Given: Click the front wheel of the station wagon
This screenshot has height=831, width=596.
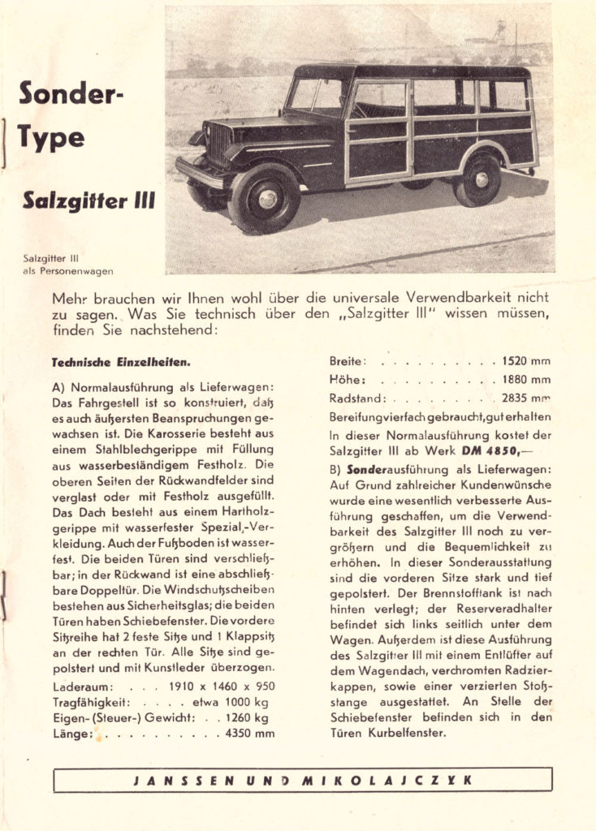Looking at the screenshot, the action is [265, 198].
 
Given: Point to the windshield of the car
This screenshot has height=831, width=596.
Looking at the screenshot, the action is [317, 96].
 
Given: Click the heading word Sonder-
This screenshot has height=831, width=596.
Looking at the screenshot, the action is [71, 95].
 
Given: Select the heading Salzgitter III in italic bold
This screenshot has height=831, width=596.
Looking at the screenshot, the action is [89, 198].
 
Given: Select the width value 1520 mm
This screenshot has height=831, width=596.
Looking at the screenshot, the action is [526, 361].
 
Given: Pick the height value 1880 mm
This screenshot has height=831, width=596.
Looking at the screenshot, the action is [526, 380].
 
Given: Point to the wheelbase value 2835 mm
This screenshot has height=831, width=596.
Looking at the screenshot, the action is [526, 398].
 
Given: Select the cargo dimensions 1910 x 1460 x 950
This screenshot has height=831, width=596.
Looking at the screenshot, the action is [222, 686].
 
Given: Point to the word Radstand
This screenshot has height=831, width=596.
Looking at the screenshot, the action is [356, 398].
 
